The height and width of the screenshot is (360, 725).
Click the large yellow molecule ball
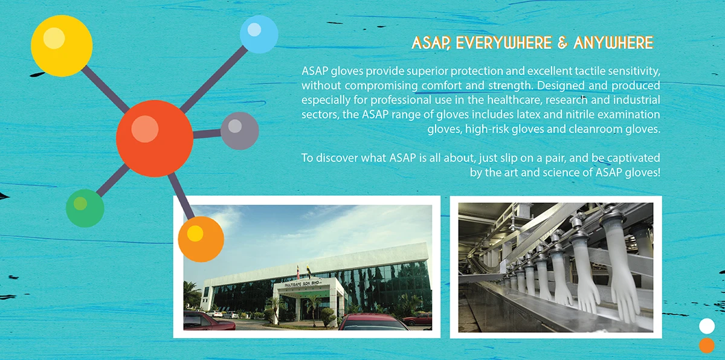(62, 46)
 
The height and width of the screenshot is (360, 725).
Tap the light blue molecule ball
(259, 34)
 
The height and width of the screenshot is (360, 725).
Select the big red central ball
(155, 138)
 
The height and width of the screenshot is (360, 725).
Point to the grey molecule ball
(239, 130)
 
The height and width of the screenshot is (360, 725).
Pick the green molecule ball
(85, 208)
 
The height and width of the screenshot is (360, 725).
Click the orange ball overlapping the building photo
(201, 239)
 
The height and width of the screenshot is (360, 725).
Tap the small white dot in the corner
(706, 326)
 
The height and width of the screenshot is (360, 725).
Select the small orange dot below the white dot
(706, 346)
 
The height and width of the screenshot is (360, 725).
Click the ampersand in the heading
(562, 43)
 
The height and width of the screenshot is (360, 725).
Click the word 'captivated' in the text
(631, 158)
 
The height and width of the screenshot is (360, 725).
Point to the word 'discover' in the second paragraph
(332, 158)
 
